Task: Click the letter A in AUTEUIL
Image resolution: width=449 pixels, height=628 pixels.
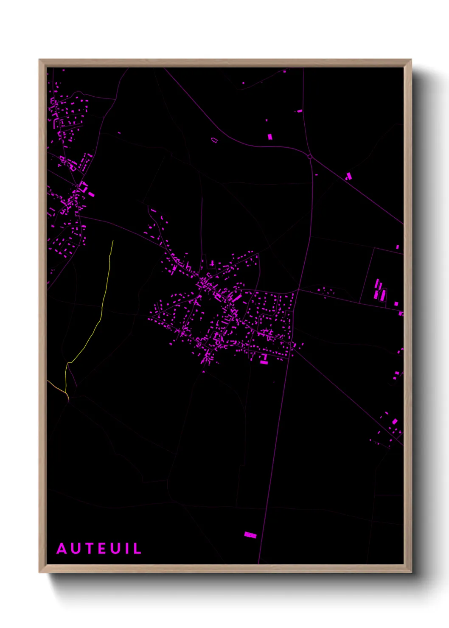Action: pyautogui.click(x=62, y=549)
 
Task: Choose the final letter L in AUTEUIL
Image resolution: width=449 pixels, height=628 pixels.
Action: pyautogui.click(x=137, y=549)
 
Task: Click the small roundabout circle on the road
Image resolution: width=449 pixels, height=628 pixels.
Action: pyautogui.click(x=310, y=157)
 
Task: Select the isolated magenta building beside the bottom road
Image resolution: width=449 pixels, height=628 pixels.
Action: pyautogui.click(x=250, y=535)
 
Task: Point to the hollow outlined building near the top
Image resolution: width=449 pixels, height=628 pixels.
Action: pyautogui.click(x=214, y=140)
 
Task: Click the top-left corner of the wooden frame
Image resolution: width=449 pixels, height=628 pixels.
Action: pyautogui.click(x=40, y=60)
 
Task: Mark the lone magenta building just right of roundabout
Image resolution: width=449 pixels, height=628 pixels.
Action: pyautogui.click(x=349, y=176)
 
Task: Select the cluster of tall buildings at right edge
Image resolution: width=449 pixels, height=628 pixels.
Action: pyautogui.click(x=379, y=290)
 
